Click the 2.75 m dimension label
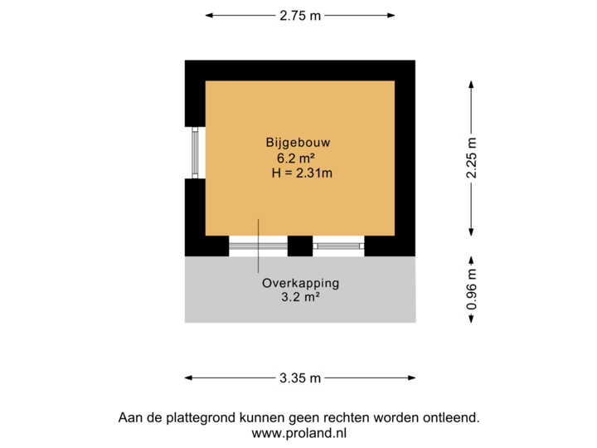299,15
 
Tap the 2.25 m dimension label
471,157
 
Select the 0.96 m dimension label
471,290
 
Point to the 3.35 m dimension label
299,378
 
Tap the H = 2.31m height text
302,173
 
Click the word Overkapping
300,282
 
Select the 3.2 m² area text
299,296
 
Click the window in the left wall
194,152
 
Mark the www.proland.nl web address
299,432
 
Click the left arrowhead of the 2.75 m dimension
208,15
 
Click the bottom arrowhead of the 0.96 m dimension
471,319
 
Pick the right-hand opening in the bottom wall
338,245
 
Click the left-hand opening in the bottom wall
258,245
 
